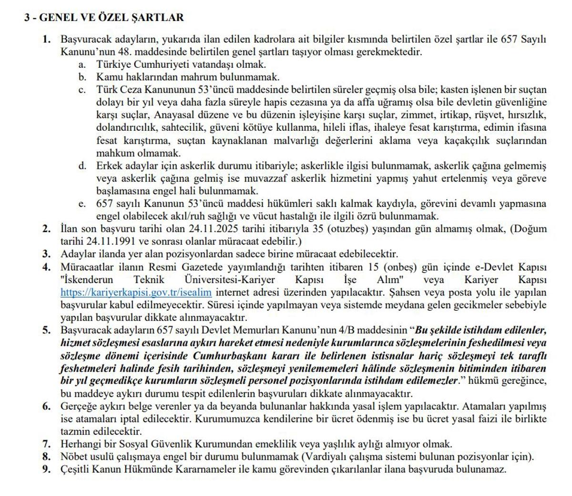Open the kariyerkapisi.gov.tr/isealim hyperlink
pos(136,292)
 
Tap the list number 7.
pos(47,444)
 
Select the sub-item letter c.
pos(82,90)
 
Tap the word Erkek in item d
pos(109,166)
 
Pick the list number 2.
pos(47,229)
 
